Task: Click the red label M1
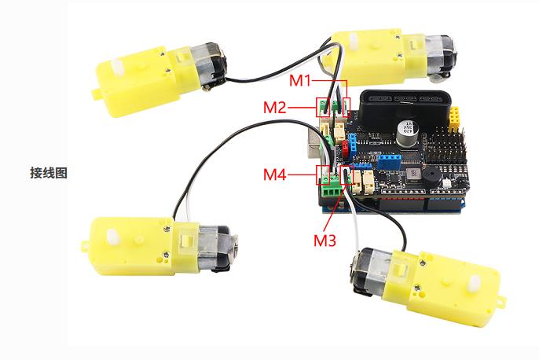point(300,80)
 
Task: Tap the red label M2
point(275,107)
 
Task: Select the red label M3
point(324,240)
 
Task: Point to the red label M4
point(275,174)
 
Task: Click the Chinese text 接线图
point(49,173)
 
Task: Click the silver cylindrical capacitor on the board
point(407,132)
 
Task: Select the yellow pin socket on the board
point(454,116)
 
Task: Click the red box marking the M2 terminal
point(323,108)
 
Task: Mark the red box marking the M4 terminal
point(323,174)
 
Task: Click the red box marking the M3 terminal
point(346,174)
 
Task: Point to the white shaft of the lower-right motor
point(475,283)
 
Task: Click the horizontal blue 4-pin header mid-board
point(390,160)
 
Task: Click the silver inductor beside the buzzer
point(412,174)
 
